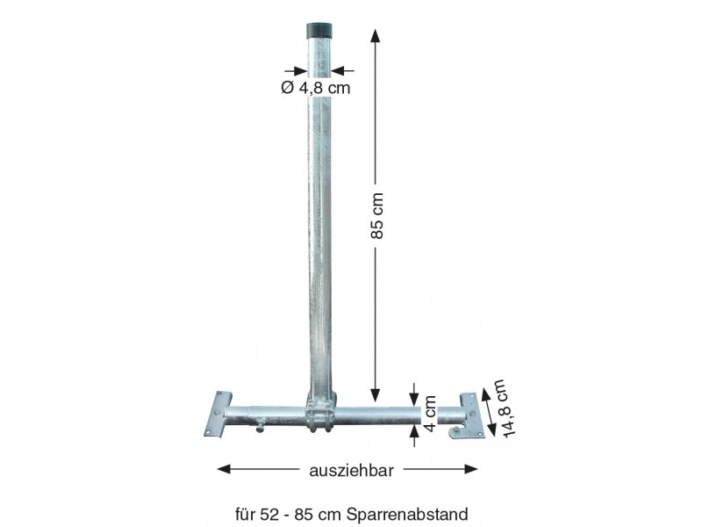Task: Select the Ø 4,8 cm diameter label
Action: pos(316,87)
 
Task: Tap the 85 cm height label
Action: pos(377,216)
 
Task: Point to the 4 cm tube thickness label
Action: pos(429,413)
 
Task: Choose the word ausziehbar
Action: pos(352,471)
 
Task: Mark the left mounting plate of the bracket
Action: pos(218,414)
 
